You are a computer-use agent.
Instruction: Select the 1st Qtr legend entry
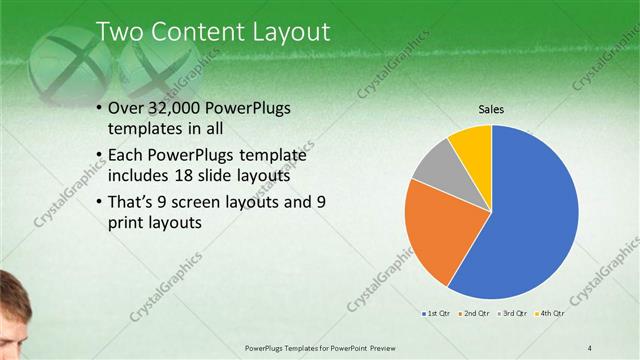[438, 314]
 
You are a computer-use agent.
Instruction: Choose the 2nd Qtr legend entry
[474, 314]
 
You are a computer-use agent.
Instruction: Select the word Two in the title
[118, 33]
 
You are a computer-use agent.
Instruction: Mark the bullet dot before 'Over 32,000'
[98, 110]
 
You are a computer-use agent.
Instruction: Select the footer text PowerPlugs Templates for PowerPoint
[320, 347]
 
